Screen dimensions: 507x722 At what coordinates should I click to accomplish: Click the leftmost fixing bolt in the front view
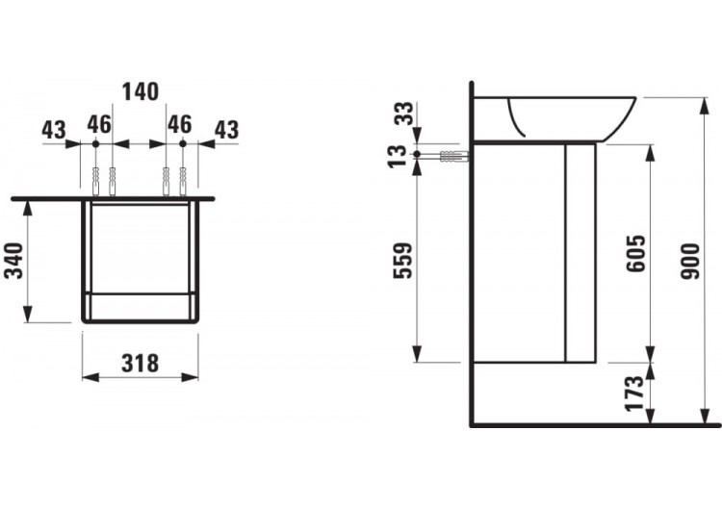[x=95, y=181]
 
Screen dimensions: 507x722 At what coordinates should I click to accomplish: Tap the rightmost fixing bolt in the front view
[x=183, y=181]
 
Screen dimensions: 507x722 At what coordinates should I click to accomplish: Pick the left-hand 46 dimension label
[x=99, y=124]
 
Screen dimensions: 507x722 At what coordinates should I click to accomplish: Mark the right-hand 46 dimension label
[x=179, y=124]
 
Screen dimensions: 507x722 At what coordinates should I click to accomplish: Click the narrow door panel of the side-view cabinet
[x=580, y=252]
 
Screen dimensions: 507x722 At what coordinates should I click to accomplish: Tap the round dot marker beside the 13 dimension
[x=416, y=155]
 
